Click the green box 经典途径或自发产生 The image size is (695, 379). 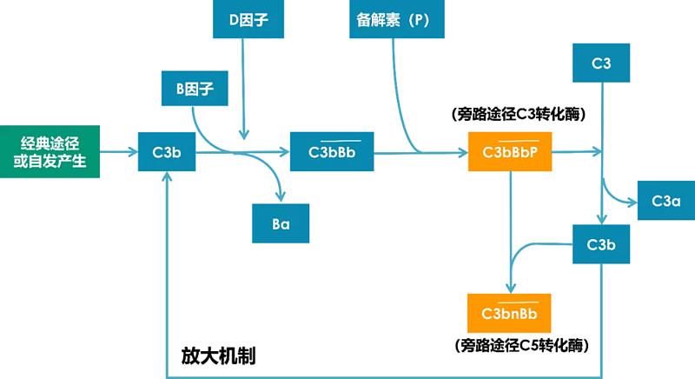pos(50,152)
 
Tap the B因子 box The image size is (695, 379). pos(190,87)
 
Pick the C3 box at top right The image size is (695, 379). pos(602,63)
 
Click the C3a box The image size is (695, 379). pos(666,201)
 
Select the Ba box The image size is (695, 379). pos(281,223)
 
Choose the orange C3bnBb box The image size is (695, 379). pos(509,312)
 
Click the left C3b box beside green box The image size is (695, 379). pos(167,153)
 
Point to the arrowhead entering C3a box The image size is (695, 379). pos(632,201)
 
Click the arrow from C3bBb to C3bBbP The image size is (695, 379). pos(421,153)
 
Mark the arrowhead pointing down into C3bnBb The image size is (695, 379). pos(509,286)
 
